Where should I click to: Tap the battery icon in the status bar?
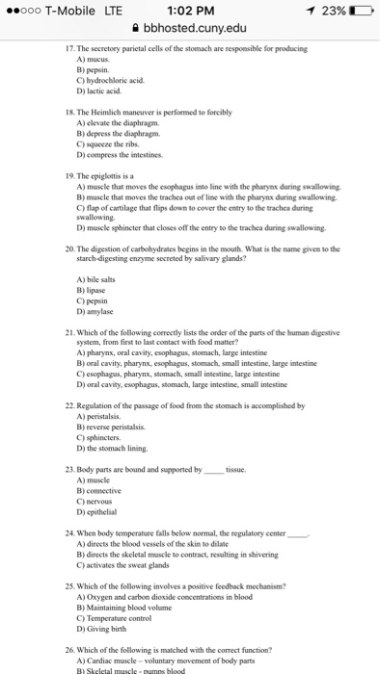click(360, 12)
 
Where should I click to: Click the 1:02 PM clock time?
click(189, 12)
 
